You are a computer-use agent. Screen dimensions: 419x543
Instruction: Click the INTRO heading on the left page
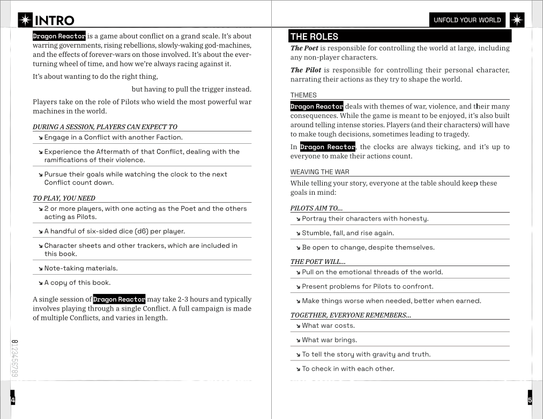click(54, 20)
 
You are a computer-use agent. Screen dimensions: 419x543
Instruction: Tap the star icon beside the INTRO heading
click(25, 20)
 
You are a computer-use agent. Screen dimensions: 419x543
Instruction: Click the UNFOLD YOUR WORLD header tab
click(467, 20)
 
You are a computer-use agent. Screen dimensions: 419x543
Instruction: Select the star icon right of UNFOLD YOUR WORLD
click(517, 20)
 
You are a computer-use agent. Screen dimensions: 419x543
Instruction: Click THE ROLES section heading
click(314, 36)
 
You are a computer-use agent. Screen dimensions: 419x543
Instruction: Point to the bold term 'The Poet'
click(304, 48)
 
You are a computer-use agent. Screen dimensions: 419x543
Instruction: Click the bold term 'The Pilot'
click(306, 70)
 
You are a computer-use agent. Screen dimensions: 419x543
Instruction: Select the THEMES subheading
click(303, 95)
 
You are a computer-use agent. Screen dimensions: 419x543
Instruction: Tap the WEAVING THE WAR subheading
click(319, 172)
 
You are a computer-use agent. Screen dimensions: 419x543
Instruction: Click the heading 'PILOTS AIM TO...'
click(316, 208)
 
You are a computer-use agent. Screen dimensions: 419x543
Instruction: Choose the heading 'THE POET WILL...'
click(318, 262)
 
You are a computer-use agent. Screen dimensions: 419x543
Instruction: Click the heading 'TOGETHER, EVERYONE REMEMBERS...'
click(351, 315)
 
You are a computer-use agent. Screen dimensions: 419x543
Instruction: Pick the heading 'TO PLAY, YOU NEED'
click(64, 199)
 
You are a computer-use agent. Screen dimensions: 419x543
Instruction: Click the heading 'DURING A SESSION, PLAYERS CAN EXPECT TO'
click(105, 127)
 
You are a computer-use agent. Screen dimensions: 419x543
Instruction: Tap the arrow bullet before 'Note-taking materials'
click(41, 269)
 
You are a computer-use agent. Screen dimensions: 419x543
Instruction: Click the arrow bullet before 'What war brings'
click(299, 341)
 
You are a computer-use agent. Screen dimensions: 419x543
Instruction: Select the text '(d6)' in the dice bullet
click(142, 232)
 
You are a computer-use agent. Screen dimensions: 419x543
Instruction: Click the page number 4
click(13, 400)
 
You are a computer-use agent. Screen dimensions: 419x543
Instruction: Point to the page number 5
click(530, 400)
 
